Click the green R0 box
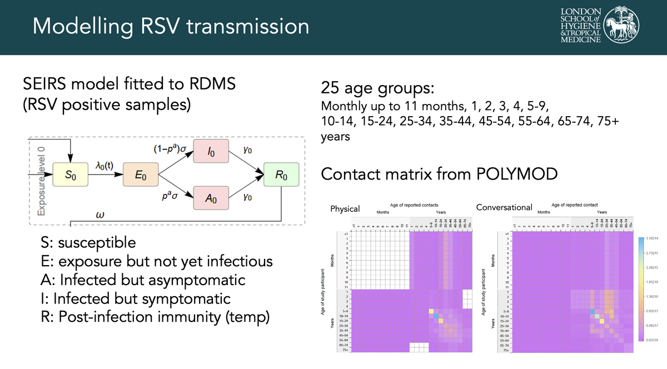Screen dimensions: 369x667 (282, 176)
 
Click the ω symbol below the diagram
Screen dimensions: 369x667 (101, 215)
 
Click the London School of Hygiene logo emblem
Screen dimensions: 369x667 (620, 25)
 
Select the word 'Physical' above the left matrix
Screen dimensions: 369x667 (345, 209)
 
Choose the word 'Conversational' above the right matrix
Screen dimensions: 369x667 (504, 207)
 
